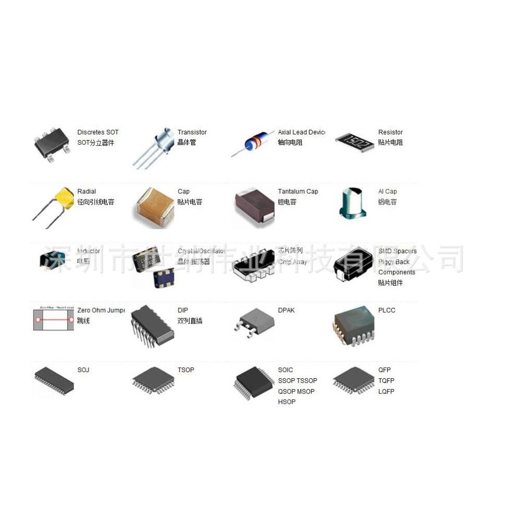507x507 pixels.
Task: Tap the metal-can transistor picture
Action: pyautogui.click(x=156, y=146)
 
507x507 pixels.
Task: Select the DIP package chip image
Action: pyautogui.click(x=152, y=325)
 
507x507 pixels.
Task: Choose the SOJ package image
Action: pyautogui.click(x=54, y=381)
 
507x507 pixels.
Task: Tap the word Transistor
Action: pyautogui.click(x=192, y=132)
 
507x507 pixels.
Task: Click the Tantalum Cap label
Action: pyautogui.click(x=298, y=192)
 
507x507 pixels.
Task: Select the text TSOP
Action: pyautogui.click(x=186, y=370)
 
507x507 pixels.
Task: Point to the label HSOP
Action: pyautogui.click(x=287, y=402)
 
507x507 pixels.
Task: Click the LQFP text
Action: pyautogui.click(x=386, y=391)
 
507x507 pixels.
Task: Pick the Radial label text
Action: pyautogui.click(x=86, y=192)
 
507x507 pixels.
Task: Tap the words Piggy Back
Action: pyautogui.click(x=394, y=262)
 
